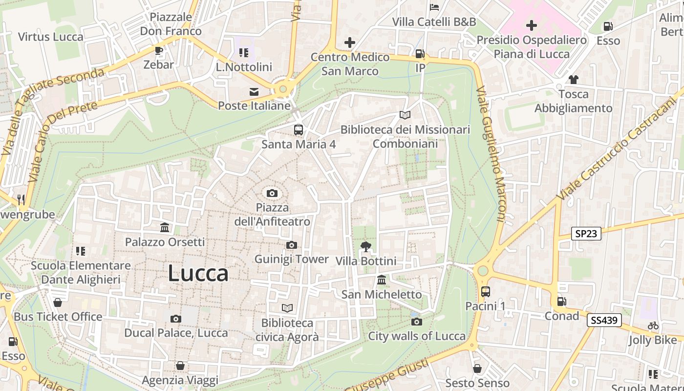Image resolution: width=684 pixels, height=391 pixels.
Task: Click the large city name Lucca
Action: (198, 274)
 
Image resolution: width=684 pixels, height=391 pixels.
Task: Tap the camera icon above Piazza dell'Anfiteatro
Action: (272, 193)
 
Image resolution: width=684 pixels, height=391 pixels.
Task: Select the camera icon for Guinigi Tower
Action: (292, 245)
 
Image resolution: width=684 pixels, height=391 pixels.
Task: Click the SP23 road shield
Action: (586, 234)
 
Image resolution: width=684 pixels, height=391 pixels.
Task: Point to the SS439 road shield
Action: (604, 320)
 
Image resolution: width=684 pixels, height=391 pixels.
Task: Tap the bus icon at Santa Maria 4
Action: (298, 130)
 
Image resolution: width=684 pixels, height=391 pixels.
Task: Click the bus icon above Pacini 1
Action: (485, 292)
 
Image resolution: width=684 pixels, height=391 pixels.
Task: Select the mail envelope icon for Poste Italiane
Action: (254, 91)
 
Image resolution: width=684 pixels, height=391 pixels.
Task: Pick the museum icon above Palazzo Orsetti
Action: (165, 228)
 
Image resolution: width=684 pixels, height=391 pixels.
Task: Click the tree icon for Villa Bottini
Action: (365, 247)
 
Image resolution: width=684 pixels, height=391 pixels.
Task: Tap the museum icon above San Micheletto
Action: (382, 280)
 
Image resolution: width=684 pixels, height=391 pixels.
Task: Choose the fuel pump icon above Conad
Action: (562, 302)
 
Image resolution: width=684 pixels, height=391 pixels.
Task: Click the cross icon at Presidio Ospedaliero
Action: (532, 25)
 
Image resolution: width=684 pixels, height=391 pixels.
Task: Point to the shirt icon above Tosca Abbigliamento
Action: (573, 79)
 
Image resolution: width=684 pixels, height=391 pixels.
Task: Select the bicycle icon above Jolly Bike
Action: (653, 326)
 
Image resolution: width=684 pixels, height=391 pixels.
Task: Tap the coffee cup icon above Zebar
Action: (158, 50)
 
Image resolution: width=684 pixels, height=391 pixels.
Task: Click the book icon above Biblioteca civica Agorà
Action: (287, 308)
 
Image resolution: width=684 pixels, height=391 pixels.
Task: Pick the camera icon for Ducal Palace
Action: (176, 319)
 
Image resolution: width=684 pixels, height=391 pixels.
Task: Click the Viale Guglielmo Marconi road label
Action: (492, 154)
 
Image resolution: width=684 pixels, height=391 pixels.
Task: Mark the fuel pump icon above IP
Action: (420, 54)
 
